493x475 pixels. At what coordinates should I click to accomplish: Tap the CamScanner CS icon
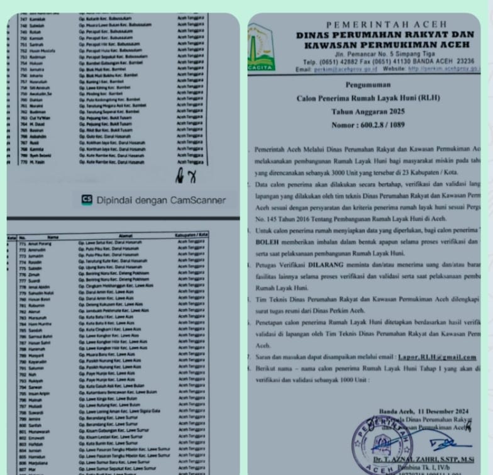[x=87, y=200]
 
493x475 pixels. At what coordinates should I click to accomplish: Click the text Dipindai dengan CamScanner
[x=161, y=200]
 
